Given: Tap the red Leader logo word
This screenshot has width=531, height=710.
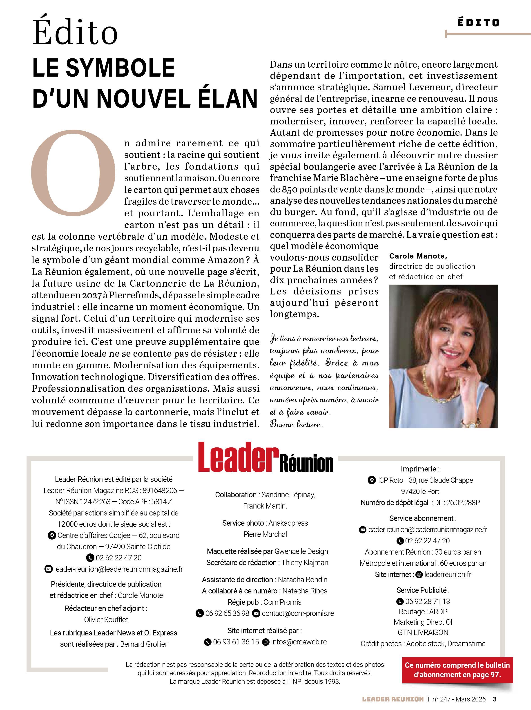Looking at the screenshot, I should pyautogui.click(x=238, y=458).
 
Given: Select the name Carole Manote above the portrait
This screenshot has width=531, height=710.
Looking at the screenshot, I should pyautogui.click(x=418, y=256).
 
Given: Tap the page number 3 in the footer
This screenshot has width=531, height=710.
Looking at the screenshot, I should pyautogui.click(x=495, y=699).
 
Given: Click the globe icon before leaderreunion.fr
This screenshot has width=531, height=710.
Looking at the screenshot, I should pyautogui.click(x=419, y=575).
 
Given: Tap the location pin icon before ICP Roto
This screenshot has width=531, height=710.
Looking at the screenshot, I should pyautogui.click(x=371, y=480).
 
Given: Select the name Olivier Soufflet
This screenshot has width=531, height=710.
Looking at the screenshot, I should pyautogui.click(x=106, y=619).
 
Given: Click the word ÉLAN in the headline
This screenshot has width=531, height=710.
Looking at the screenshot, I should pyautogui.click(x=228, y=99).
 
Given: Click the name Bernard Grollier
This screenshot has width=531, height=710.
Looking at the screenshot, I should pyautogui.click(x=144, y=644).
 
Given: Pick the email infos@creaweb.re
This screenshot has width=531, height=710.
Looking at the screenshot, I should pyautogui.click(x=299, y=642).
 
